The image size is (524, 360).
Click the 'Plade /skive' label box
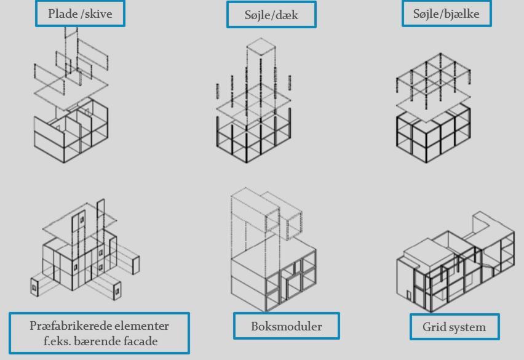coord(80,14)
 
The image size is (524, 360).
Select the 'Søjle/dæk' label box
coord(271,15)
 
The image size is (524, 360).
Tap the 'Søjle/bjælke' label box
coord(447,14)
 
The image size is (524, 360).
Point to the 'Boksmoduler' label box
coord(286,326)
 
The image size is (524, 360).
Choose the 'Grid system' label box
coord(454,327)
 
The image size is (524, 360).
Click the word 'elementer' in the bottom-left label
coord(141,326)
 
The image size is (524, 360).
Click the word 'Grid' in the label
coord(434,327)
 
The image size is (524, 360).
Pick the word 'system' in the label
coord(466,327)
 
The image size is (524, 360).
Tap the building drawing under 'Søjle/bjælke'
coord(433,111)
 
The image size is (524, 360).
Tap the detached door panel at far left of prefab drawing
coord(34,287)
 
